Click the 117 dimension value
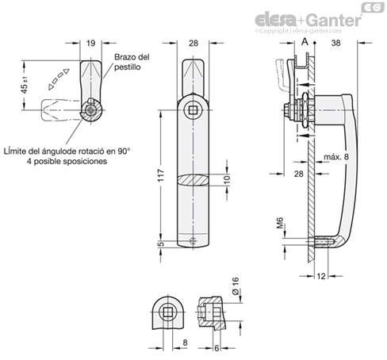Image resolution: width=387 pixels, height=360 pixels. click(161, 175)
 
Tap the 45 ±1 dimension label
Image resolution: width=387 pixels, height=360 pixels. click(25, 85)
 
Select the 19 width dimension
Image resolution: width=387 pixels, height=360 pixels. click(90, 43)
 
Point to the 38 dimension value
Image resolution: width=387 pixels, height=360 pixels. click(335, 43)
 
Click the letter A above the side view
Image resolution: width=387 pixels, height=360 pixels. click(305, 42)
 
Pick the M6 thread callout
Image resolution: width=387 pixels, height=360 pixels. click(280, 223)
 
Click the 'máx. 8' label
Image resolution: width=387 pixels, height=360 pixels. click(336, 157)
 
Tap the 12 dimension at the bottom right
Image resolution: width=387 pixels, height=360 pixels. click(321, 276)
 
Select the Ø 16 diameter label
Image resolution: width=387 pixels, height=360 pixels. click(236, 286)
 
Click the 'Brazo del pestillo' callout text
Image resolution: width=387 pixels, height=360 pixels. click(132, 62)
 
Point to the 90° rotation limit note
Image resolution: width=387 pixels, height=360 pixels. click(67, 156)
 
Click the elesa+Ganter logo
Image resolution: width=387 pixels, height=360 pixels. click(308, 20)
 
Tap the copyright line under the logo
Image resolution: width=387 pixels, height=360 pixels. click(298, 31)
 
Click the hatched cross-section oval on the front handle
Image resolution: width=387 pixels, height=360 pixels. click(193, 180)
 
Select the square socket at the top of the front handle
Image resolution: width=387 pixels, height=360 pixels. click(193, 110)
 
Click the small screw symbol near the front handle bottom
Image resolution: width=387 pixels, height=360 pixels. click(193, 240)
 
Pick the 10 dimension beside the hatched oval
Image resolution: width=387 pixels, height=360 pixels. click(227, 179)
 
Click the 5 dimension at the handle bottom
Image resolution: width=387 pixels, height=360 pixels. click(161, 243)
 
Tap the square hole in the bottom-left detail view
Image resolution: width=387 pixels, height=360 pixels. click(167, 312)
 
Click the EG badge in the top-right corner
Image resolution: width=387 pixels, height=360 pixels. click(373, 7)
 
